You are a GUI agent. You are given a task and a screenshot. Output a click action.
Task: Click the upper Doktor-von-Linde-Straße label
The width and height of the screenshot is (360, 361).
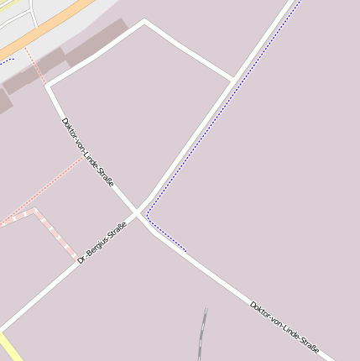pyautogui.click(x=87, y=152)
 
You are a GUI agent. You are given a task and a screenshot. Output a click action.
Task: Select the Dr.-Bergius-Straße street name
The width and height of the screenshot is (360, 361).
pyautogui.click(x=102, y=243)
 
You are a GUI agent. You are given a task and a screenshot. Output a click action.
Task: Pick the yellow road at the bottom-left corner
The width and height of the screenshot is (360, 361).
pyautogui.click(x=10, y=348)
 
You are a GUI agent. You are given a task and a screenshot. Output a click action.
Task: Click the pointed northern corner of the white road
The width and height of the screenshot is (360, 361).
pyautogui.click(x=144, y=21)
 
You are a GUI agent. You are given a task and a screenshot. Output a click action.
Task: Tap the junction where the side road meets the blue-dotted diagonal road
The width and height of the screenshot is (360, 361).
pyautogui.click(x=233, y=80)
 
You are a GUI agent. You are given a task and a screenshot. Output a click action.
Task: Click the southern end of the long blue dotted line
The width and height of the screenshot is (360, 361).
pyautogui.click(x=185, y=250)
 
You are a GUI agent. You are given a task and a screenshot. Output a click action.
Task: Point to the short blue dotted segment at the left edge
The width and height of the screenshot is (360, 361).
pyautogui.click(x=7, y=60)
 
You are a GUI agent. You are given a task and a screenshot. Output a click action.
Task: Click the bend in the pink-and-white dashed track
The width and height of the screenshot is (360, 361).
pyautogui.click(x=34, y=212)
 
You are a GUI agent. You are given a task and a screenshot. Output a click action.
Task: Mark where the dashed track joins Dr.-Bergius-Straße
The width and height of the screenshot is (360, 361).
pyautogui.click(x=76, y=256)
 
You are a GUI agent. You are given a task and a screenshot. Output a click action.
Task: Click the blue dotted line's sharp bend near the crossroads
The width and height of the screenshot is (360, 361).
pyautogui.click(x=148, y=216)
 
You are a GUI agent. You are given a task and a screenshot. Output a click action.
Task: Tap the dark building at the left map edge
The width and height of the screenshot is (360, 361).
pyautogui.click(x=4, y=102)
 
